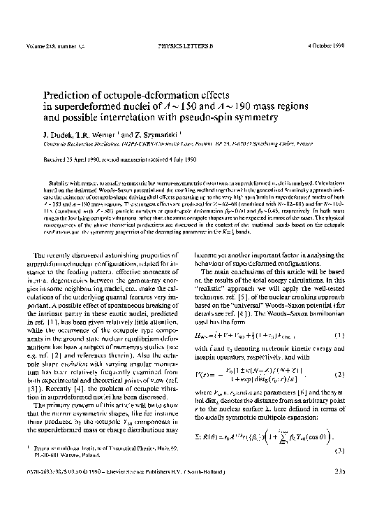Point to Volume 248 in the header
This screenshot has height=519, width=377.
pos(40,48)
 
